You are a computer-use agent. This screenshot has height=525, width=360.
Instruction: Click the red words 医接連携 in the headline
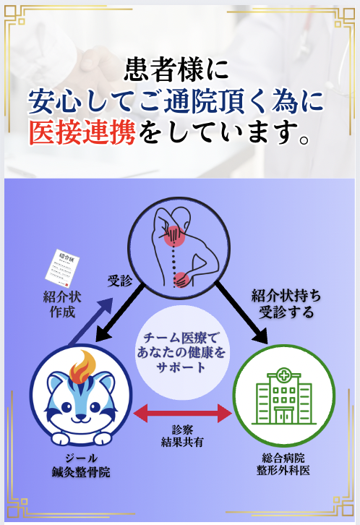tap(82, 132)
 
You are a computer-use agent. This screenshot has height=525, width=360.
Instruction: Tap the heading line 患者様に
tap(176, 69)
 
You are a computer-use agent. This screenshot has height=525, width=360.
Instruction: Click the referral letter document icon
tap(63, 268)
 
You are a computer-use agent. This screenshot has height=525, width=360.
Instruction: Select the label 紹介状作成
tap(62, 304)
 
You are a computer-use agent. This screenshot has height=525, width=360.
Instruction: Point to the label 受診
tap(120, 281)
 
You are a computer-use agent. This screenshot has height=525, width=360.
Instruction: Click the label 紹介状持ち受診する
tap(286, 304)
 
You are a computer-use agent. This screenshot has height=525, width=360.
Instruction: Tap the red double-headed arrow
tap(183, 413)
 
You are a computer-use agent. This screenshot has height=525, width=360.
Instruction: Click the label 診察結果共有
tap(182, 436)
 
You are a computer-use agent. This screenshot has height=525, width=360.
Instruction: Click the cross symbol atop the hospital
tap(283, 375)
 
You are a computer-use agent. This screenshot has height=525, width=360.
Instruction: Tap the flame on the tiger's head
tap(82, 367)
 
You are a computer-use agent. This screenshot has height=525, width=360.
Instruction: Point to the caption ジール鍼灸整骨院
tap(81, 465)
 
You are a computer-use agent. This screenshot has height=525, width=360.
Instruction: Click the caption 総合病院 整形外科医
tap(283, 464)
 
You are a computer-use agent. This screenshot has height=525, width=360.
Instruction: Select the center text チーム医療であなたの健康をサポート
tap(181, 352)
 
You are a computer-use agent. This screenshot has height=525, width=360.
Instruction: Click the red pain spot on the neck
tap(175, 236)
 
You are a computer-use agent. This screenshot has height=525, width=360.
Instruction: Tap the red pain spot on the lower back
tap(182, 280)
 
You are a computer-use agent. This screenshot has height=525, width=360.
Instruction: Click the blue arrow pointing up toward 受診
tap(90, 321)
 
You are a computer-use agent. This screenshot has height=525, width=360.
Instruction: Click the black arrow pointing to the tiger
tap(120, 312)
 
